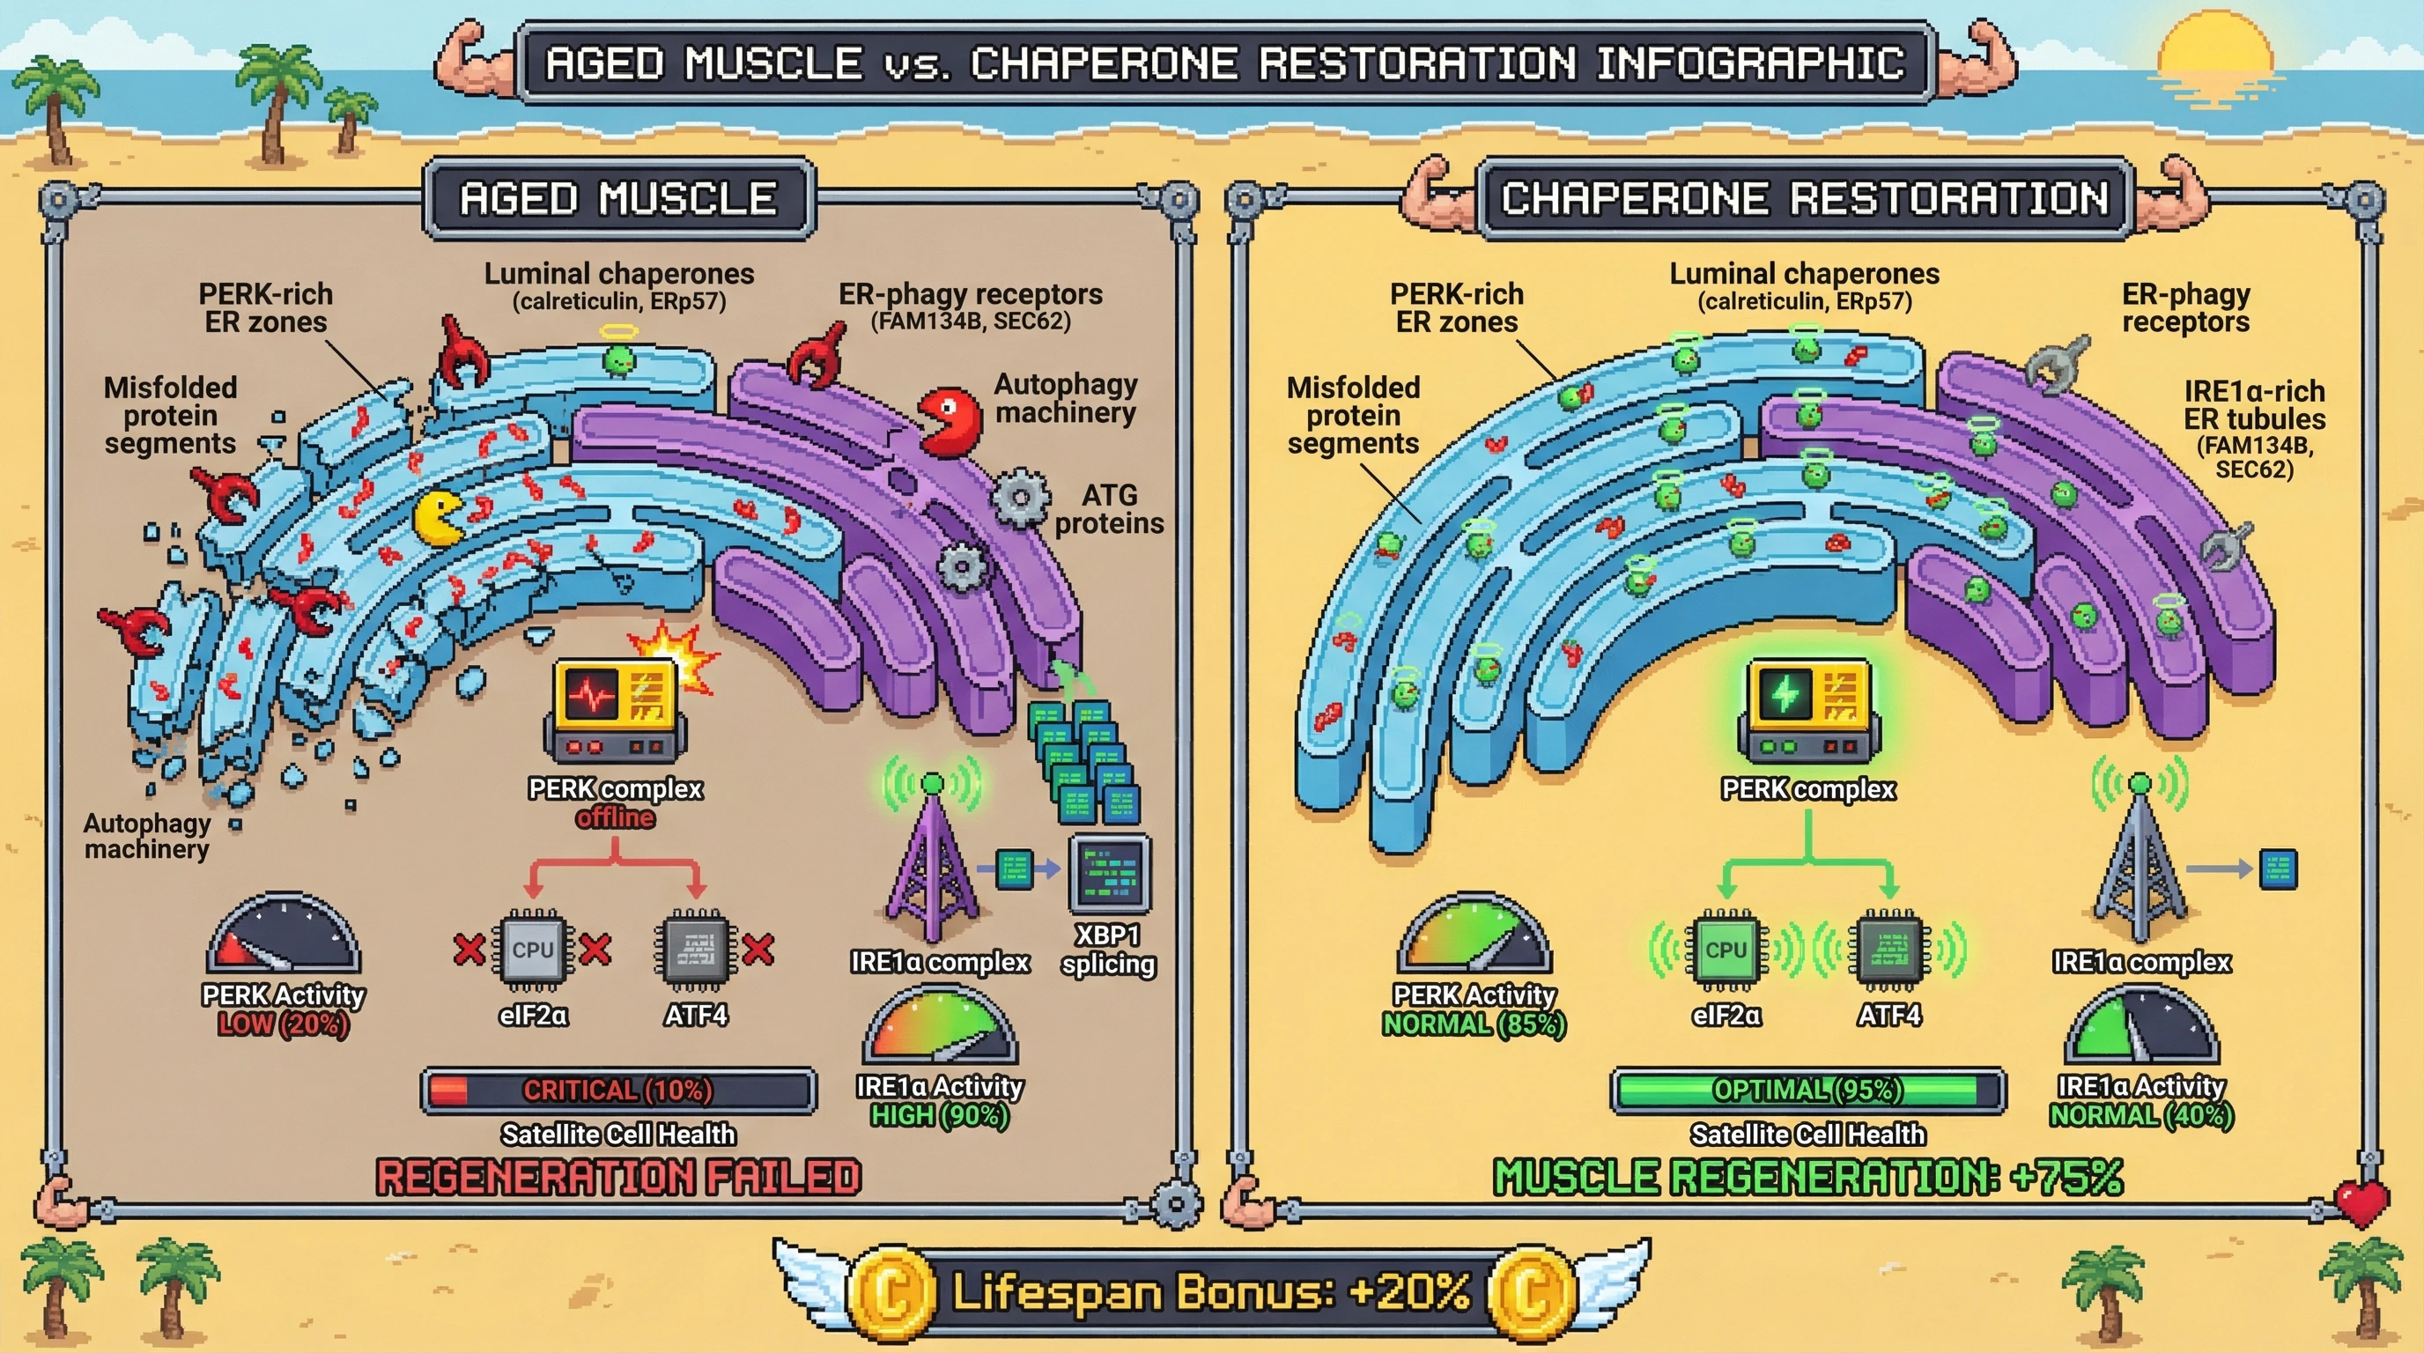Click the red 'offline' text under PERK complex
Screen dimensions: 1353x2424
point(616,817)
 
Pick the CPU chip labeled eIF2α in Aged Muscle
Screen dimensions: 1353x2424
point(533,950)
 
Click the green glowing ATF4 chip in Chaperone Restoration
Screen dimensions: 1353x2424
point(1888,950)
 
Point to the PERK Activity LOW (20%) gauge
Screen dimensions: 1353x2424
point(282,936)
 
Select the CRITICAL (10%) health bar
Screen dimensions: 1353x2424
point(618,1091)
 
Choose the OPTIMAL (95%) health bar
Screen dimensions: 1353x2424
point(1807,1091)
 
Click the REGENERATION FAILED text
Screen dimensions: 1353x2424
point(618,1177)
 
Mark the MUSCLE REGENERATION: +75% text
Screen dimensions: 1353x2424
point(1807,1177)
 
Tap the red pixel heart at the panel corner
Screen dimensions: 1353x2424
point(2361,1201)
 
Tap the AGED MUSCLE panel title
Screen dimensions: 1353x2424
point(618,198)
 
